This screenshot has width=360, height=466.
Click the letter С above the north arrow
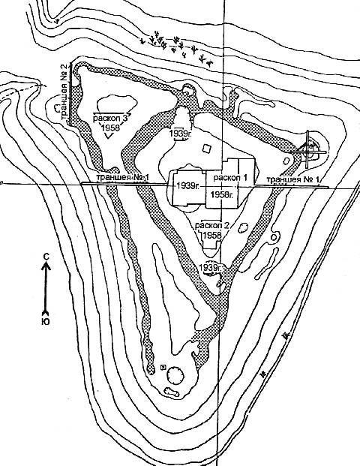click(x=46, y=257)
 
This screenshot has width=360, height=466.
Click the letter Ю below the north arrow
click(x=46, y=322)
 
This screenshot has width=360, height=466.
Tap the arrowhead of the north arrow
click(x=46, y=266)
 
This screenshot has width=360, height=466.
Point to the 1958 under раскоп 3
click(x=110, y=128)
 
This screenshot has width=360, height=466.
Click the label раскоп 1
click(x=230, y=178)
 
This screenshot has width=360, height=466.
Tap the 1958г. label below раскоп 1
click(x=222, y=194)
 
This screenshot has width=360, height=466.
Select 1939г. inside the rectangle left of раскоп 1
click(x=188, y=186)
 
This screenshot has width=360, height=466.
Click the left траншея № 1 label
click(x=122, y=178)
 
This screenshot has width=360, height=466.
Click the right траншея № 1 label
click(x=292, y=179)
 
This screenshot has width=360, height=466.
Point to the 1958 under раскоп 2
click(x=213, y=235)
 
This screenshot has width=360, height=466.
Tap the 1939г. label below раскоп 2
click(x=211, y=267)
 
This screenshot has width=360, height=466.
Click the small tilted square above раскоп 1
click(x=206, y=148)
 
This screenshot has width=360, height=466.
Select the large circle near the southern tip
click(x=175, y=376)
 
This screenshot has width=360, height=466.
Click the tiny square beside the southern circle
click(x=163, y=368)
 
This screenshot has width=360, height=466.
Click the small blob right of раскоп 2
click(x=243, y=228)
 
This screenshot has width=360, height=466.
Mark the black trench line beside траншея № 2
click(x=70, y=93)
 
